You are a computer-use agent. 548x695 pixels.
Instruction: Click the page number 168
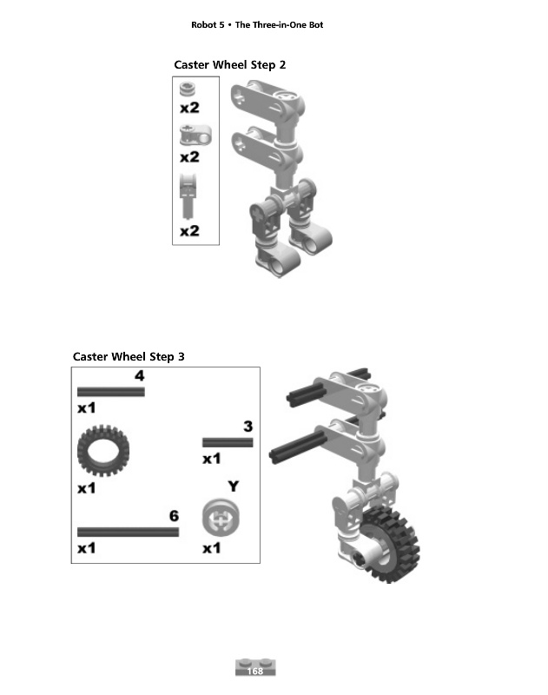255,671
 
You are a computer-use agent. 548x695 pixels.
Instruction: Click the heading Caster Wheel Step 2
230,64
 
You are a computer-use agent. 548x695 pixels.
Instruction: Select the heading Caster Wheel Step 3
129,356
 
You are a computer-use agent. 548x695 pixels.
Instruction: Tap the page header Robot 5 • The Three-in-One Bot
257,25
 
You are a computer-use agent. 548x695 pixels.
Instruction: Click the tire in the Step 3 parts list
103,451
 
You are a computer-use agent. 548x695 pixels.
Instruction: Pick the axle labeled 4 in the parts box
111,392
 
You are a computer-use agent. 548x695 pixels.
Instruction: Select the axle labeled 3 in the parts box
228,442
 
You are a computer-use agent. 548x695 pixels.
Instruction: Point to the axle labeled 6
128,532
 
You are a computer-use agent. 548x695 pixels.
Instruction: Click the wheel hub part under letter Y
221,517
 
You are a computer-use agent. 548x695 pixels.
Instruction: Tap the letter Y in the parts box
234,486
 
